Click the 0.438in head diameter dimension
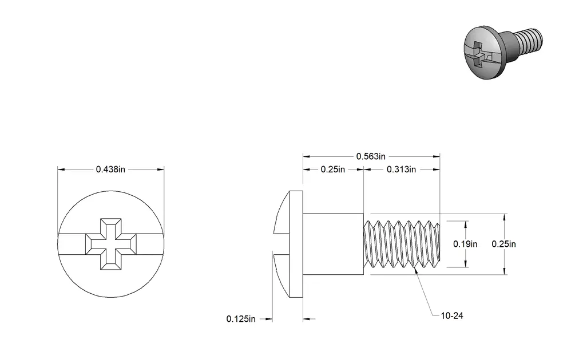[x=110, y=169]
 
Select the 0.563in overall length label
[x=371, y=156]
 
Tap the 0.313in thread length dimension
[x=401, y=169]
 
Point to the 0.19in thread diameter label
[x=465, y=244]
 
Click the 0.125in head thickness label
[x=241, y=319]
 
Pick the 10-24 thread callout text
[x=452, y=316]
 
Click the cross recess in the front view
[x=110, y=244]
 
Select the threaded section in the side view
[x=402, y=244]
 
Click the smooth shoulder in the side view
[x=333, y=244]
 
